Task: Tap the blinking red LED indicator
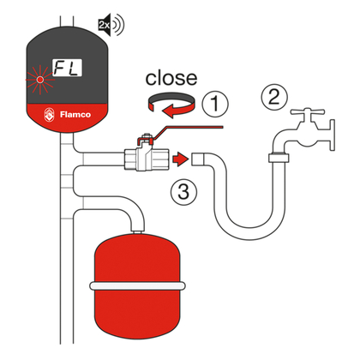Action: pyautogui.click(x=36, y=79)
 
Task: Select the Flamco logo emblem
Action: pyautogui.click(x=48, y=111)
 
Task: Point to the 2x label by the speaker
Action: pyautogui.click(x=103, y=26)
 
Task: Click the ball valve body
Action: pyautogui.click(x=146, y=158)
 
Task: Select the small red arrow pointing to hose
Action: pyautogui.click(x=178, y=158)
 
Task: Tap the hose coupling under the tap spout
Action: pyautogui.click(x=279, y=158)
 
